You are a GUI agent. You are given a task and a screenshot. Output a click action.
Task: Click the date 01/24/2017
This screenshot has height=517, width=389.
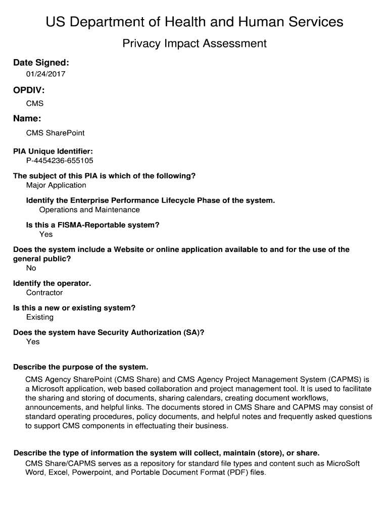pyautogui.click(x=46, y=74)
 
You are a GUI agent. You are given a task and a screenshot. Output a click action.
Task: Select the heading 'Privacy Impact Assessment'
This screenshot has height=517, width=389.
pyautogui.click(x=194, y=43)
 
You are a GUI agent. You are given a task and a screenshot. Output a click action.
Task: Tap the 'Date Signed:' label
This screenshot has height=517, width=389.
pyautogui.click(x=41, y=63)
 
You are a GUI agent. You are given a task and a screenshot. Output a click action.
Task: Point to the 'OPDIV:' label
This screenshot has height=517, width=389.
pyautogui.click(x=29, y=90)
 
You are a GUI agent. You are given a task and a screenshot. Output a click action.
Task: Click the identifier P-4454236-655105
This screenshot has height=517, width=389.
pyautogui.click(x=60, y=161)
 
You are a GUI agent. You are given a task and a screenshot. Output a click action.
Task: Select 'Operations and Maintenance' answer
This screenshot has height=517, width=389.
pyautogui.click(x=89, y=210)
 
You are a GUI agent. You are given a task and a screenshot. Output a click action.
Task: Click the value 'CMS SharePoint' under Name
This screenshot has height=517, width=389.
pyautogui.click(x=55, y=133)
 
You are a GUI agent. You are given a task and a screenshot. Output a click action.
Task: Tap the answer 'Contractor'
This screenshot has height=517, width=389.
pyautogui.click(x=44, y=293)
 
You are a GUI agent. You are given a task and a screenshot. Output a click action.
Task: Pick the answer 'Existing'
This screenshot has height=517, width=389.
pyautogui.click(x=40, y=317)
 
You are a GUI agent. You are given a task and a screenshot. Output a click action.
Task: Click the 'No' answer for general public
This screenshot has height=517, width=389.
pyautogui.click(x=31, y=268)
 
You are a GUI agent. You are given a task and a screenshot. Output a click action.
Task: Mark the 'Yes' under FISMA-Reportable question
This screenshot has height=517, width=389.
pyautogui.click(x=46, y=234)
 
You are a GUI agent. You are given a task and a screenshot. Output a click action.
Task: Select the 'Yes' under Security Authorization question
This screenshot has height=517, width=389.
pyautogui.click(x=33, y=342)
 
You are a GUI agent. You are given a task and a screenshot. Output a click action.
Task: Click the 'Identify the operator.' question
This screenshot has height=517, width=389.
pyautogui.click(x=52, y=283)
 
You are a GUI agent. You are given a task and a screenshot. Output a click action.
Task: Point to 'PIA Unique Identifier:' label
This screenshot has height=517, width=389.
pyautogui.click(x=53, y=151)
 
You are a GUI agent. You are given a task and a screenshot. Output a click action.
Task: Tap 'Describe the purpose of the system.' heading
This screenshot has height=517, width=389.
pyautogui.click(x=81, y=367)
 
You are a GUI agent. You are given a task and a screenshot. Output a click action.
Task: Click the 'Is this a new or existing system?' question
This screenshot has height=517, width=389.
pyautogui.click(x=74, y=308)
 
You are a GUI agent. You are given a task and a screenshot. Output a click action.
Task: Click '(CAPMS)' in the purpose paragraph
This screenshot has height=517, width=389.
pyautogui.click(x=346, y=379)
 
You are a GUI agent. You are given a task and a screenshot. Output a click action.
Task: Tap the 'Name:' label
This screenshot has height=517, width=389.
pyautogui.click(x=27, y=119)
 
